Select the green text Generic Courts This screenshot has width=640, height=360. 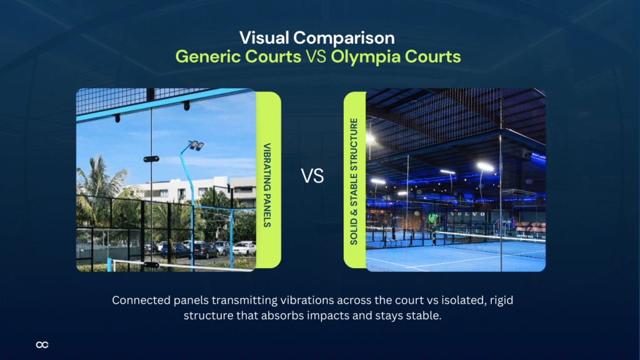coord(237,57)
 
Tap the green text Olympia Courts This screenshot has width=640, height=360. coord(396,57)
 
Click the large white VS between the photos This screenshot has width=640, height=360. coord(312,177)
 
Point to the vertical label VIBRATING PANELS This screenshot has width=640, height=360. coord(267,181)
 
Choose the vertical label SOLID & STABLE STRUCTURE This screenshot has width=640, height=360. coord(354,181)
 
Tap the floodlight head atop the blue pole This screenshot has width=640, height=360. coord(196,146)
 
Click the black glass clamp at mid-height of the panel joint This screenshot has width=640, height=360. coord(151,159)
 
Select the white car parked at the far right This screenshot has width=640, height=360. coord(244,248)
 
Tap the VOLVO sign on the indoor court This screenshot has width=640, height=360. coord(463,214)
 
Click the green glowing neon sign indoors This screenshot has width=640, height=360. coord(433,218)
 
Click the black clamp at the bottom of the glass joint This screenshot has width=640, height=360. coord(150,264)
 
